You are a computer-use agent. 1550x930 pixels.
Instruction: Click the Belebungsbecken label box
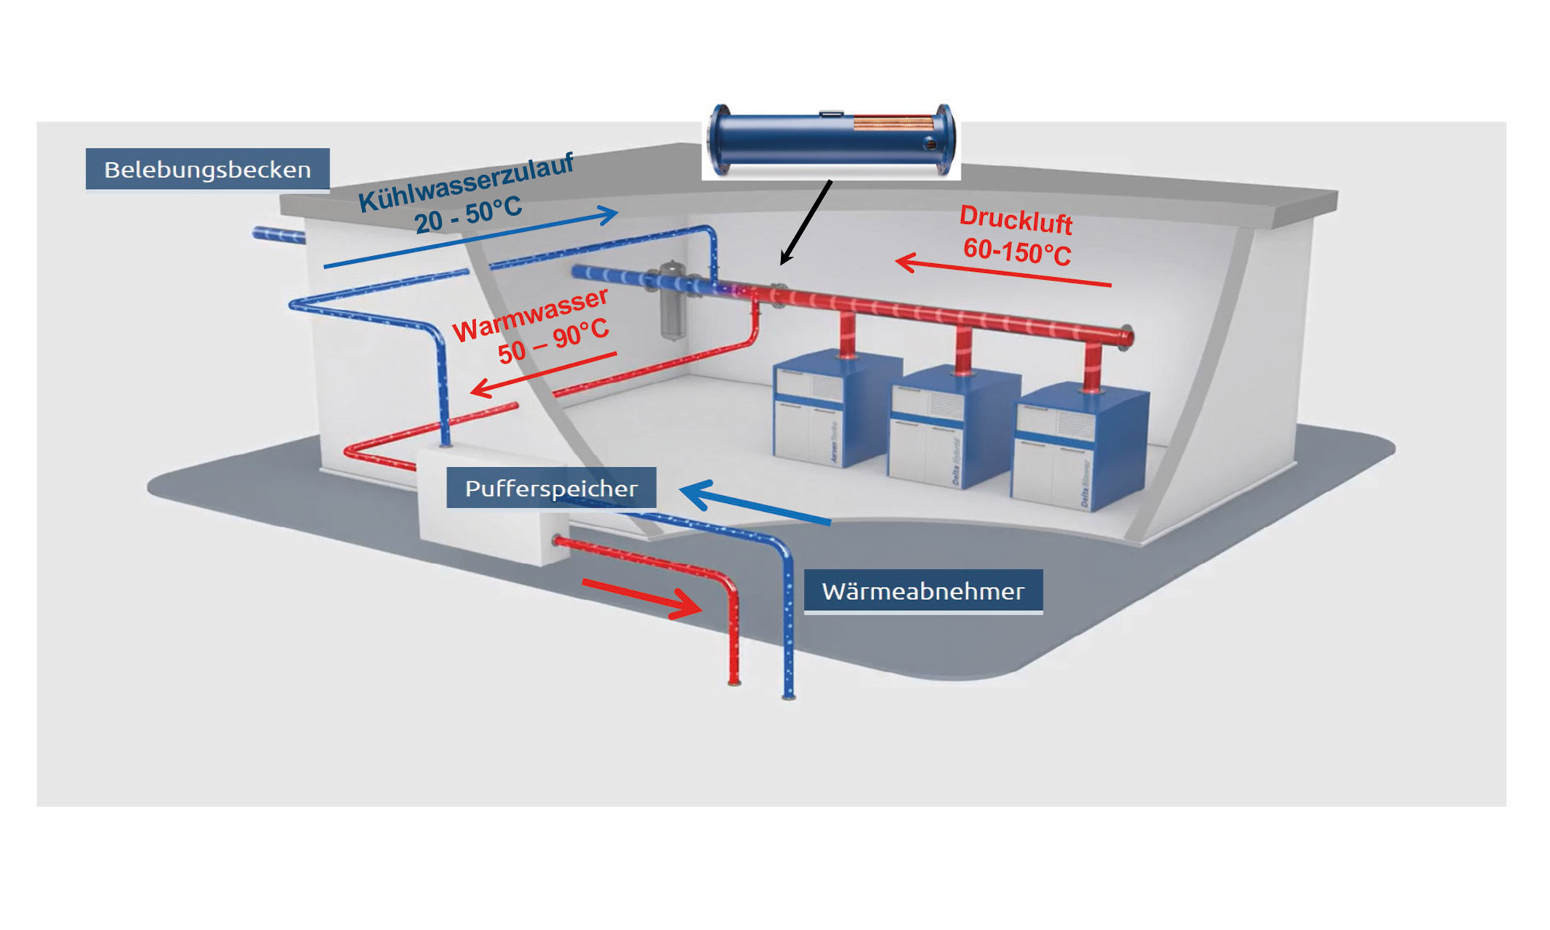(207, 169)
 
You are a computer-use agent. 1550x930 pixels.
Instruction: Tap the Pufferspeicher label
(550, 488)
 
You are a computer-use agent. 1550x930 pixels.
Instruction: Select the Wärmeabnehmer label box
(923, 591)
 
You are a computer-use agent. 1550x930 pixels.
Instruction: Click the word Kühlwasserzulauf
(466, 182)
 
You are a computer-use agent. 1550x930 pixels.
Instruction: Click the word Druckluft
(1015, 220)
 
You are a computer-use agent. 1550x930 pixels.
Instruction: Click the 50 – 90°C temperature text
(553, 341)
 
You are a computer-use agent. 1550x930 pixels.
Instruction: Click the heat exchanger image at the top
(831, 140)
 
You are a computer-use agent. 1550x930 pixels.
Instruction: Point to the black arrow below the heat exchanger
(806, 222)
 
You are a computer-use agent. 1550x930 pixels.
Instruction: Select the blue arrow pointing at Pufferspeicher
(756, 504)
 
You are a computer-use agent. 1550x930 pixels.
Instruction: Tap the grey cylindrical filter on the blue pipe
(672, 302)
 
